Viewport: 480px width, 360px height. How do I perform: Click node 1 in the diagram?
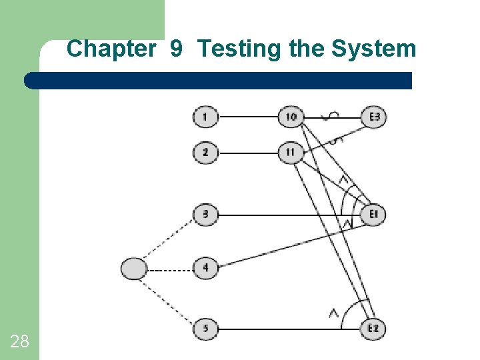(x=205, y=117)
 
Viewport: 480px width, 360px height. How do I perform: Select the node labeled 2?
(x=205, y=153)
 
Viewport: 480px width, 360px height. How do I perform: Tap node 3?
(x=205, y=215)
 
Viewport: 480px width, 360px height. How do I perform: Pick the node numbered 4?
(x=205, y=269)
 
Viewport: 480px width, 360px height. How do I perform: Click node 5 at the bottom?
(x=205, y=329)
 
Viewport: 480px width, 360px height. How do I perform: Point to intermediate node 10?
(x=291, y=117)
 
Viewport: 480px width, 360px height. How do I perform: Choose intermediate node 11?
(x=291, y=153)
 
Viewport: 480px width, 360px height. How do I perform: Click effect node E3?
(x=375, y=117)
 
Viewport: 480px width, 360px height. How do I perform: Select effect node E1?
(x=375, y=215)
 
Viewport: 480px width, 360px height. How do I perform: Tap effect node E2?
(x=375, y=329)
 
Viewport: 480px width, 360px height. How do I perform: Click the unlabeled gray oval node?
(x=134, y=269)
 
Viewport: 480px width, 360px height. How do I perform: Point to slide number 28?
(x=19, y=342)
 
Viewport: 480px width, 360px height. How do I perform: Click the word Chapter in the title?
(x=111, y=49)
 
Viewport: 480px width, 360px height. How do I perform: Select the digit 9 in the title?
(x=177, y=49)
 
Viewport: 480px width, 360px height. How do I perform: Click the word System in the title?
(x=375, y=49)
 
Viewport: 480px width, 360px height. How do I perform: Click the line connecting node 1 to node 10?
(x=248, y=117)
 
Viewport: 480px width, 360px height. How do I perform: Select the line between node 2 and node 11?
(x=248, y=153)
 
